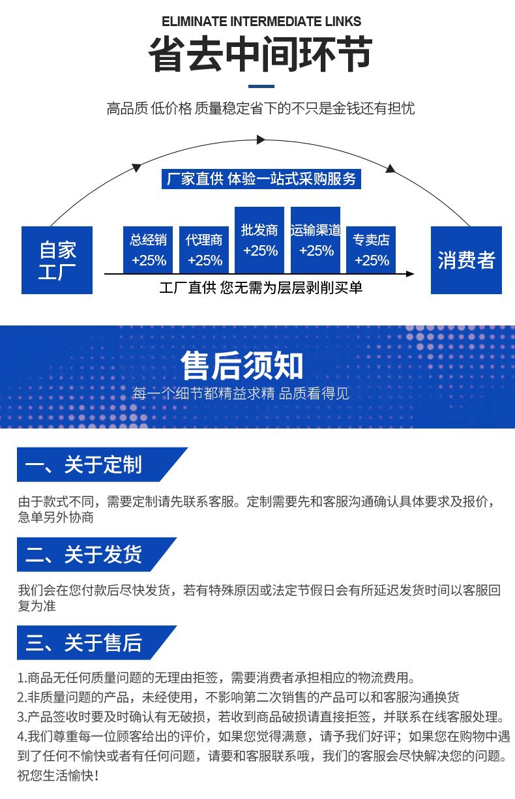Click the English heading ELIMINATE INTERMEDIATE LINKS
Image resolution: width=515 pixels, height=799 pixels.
(261, 22)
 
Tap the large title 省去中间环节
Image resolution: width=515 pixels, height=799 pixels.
(261, 55)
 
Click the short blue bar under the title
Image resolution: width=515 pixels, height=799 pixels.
(261, 86)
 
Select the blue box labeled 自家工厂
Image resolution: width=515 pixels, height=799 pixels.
(57, 260)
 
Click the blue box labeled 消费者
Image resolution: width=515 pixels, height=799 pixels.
(466, 260)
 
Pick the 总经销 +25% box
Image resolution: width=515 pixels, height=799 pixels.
(149, 250)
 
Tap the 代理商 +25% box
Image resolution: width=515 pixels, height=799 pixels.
(205, 250)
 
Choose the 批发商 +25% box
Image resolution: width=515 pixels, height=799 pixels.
(260, 240)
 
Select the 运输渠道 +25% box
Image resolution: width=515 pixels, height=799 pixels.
(316, 240)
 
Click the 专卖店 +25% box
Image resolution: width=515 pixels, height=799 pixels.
(372, 250)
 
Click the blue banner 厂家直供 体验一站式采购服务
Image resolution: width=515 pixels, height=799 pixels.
(261, 179)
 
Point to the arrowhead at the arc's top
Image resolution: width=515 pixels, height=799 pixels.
(261, 140)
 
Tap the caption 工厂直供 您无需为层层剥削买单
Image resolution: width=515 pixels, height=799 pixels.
(261, 287)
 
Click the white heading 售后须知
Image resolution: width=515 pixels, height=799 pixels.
(242, 365)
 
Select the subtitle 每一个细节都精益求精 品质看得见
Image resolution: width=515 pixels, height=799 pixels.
(241, 393)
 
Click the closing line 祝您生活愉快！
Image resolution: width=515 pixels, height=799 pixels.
(59, 776)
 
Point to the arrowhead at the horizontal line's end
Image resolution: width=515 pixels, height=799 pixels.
(409, 273)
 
